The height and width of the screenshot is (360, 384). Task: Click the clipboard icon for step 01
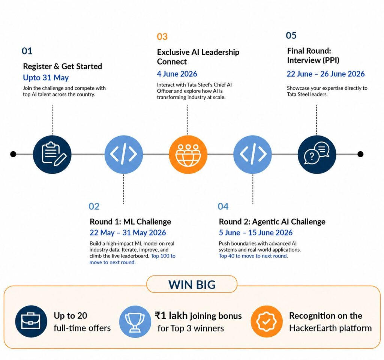[x=52, y=154]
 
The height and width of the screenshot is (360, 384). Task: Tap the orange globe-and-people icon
[x=188, y=155]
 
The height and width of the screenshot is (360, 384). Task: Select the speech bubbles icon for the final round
[x=316, y=154]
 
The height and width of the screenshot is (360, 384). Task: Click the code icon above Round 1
[x=124, y=155]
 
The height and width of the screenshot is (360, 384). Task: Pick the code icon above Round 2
[x=252, y=155]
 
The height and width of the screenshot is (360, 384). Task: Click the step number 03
[x=162, y=36]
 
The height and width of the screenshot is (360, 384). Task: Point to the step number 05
[x=291, y=35]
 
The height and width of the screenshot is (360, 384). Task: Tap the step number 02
[x=94, y=206]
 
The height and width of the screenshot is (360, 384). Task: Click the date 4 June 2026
[x=177, y=74]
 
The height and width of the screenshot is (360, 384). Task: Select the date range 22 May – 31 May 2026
[x=128, y=232]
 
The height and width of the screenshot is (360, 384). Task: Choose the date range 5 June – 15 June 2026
[x=256, y=232]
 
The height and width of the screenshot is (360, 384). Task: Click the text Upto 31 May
[x=46, y=78]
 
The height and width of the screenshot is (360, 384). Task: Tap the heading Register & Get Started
[x=63, y=66]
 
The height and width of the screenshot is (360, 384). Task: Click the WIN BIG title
[x=192, y=285]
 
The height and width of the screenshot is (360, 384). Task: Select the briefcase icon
[x=31, y=321]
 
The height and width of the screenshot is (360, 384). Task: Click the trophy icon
[x=135, y=321]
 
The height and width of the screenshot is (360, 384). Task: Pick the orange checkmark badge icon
[x=267, y=321]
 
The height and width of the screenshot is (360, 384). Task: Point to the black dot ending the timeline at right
[x=360, y=154]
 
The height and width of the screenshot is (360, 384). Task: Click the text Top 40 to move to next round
[x=253, y=256]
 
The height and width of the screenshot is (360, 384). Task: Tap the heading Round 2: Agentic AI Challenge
[x=272, y=222]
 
